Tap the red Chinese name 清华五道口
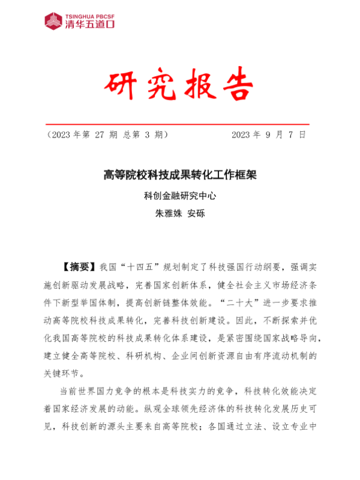coord(90,25)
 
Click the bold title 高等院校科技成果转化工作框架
coord(180,175)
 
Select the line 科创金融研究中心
coord(180,195)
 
